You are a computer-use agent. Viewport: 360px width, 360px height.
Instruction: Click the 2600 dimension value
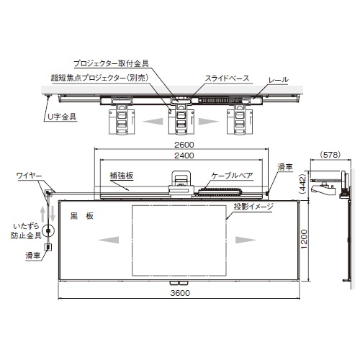pos(184,145)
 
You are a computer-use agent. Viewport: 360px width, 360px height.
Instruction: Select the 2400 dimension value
pos(184,156)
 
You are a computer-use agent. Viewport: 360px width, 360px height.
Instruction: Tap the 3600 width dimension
pos(180,293)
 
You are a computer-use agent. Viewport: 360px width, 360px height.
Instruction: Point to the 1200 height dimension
pos(304,239)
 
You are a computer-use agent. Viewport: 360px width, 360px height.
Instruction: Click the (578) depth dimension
pos(330,155)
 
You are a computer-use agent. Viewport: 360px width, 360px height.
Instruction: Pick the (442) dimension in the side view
pos(303,184)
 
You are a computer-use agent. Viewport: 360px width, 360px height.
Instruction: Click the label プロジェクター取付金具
pos(111,63)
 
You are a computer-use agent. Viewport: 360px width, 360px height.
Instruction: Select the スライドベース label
pos(227,78)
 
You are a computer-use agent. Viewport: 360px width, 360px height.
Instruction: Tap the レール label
pos(279,80)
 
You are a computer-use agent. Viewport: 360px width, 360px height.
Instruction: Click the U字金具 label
pos(62,117)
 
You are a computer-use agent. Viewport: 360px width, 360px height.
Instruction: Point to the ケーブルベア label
pos(232,176)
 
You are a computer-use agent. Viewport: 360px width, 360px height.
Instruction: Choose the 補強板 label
pos(121,176)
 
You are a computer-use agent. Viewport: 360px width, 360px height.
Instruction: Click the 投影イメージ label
pos(253,207)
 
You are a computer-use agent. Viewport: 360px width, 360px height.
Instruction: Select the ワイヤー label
pos(29,176)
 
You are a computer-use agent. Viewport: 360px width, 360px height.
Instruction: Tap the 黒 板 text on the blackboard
pos(81,216)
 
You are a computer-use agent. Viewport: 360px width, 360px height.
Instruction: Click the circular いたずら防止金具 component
pos(48,231)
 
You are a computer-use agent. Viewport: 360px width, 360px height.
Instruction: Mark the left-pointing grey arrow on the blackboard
pos(109,240)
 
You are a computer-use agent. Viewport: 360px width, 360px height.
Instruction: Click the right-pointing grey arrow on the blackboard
pos(246,240)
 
